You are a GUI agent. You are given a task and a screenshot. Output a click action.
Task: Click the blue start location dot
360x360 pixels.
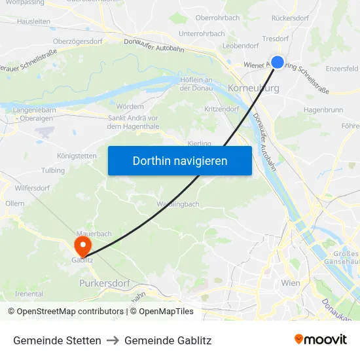tap(278, 62)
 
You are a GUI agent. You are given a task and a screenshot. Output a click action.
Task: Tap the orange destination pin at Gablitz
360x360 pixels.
tap(83, 246)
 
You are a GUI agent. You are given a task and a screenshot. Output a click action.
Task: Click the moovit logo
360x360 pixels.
tap(320, 340)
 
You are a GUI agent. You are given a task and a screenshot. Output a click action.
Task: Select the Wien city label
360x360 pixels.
tap(290, 283)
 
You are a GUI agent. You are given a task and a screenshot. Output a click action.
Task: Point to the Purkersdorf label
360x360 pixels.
tap(105, 283)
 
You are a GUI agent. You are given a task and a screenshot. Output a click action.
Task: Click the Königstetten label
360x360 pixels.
tap(77, 156)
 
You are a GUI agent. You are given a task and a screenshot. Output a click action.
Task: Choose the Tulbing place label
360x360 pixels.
tap(53, 170)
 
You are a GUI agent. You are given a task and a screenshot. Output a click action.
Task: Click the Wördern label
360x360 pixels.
tap(130, 106)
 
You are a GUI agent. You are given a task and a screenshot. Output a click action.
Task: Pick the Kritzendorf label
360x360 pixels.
tap(222, 109)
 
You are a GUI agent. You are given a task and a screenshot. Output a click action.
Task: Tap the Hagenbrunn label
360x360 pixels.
tap(323, 110)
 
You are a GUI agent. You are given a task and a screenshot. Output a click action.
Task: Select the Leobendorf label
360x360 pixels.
tap(241, 46)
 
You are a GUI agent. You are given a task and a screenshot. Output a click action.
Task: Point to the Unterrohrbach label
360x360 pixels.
tap(201, 33)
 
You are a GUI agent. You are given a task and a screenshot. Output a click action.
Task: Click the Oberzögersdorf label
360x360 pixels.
tap(78, 41)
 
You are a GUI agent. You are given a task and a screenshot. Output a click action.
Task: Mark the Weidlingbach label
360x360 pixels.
tap(178, 204)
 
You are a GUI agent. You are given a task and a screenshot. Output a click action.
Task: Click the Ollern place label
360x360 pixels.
tap(14, 204)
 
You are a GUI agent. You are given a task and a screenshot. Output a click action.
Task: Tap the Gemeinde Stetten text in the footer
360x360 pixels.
tap(57, 340)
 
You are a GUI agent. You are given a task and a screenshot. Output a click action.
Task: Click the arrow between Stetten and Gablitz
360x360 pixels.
tap(113, 340)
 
